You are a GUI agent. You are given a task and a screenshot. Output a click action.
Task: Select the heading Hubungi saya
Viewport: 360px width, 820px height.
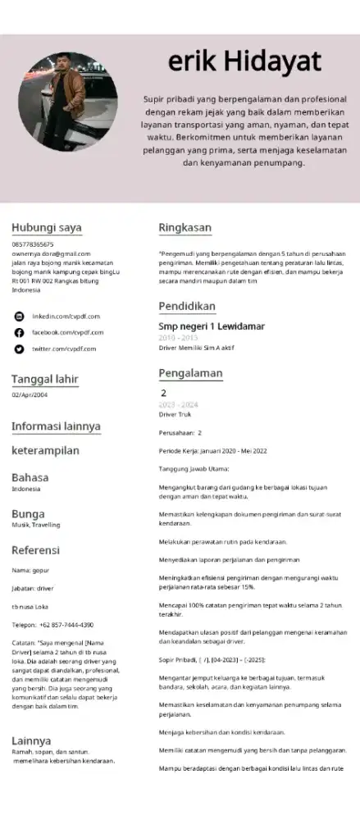click(46, 227)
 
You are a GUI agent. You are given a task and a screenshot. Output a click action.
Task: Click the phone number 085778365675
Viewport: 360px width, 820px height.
click(33, 244)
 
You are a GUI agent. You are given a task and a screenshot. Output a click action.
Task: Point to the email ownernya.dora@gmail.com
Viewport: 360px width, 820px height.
click(51, 254)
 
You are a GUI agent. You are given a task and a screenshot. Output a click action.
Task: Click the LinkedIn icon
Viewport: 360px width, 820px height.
click(20, 316)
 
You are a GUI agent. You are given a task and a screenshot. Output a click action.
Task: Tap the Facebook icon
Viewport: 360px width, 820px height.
click(20, 332)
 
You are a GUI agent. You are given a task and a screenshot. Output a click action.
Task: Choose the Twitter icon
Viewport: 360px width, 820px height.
click(20, 348)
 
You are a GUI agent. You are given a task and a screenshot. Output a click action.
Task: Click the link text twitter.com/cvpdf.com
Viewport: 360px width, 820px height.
click(64, 348)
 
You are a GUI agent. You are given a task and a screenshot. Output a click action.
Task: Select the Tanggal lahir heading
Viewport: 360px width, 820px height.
click(44, 379)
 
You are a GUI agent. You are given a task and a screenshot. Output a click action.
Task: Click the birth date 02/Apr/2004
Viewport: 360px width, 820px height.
click(30, 395)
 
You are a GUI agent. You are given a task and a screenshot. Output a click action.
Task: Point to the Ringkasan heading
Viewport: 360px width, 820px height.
click(185, 227)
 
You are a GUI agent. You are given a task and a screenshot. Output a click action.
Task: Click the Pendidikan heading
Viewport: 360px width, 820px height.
click(187, 306)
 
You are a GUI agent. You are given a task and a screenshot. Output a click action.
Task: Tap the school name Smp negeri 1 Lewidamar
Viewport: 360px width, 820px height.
click(212, 326)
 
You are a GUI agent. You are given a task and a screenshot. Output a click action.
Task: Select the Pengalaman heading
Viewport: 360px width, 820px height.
click(190, 373)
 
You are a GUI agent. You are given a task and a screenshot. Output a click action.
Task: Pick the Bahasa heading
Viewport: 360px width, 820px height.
click(30, 477)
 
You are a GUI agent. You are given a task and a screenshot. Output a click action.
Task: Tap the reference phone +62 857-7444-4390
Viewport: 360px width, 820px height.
click(52, 624)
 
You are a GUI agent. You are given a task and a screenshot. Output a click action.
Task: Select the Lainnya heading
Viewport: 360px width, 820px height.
click(31, 740)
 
